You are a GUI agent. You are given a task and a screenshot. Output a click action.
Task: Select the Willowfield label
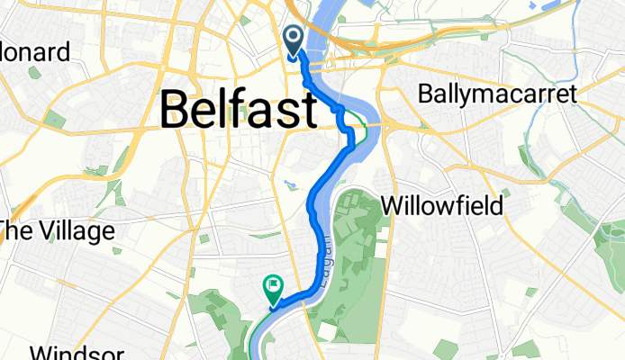point(441,205)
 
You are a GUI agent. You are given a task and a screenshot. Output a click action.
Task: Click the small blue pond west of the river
point(288,185)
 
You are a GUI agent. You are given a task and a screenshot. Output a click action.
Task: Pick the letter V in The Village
point(43,231)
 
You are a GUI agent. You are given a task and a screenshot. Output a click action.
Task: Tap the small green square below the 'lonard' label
point(55,118)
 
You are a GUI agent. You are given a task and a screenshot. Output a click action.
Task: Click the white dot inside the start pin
point(294,37)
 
